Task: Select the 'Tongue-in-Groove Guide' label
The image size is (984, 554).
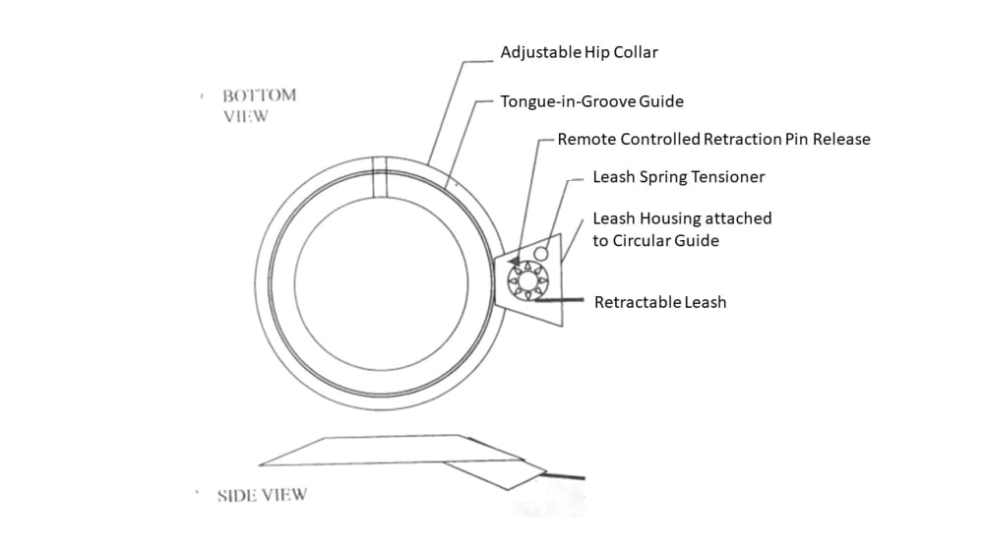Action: pos(591,101)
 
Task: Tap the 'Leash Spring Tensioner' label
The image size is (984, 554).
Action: pos(678,177)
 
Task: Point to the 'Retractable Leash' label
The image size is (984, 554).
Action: pos(659,302)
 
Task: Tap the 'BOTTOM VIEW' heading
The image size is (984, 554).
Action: pos(258,105)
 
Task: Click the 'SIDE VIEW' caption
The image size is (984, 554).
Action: pos(261,495)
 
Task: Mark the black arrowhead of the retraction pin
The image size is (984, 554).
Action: pos(515,261)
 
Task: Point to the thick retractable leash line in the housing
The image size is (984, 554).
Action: pos(561,297)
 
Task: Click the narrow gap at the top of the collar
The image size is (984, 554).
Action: pos(379,178)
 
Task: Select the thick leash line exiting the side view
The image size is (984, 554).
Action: pos(566,477)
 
